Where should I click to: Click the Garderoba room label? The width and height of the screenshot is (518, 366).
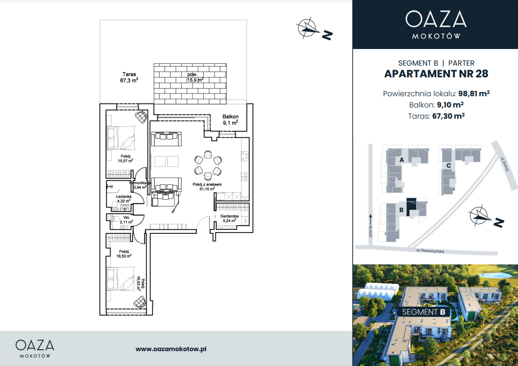point(229,219)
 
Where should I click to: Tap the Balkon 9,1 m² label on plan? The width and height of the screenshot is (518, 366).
point(230,120)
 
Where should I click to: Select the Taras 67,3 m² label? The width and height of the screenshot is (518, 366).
point(129,77)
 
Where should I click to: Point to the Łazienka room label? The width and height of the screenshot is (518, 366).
point(124,199)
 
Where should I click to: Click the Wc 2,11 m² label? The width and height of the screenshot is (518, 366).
point(126,220)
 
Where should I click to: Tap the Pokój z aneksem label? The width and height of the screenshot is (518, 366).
point(207,187)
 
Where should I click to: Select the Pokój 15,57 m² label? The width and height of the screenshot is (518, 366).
point(125,159)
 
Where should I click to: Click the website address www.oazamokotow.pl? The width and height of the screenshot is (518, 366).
point(171,349)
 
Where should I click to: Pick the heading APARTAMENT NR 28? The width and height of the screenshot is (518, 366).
point(436,74)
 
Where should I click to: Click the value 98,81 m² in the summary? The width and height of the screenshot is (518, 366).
point(474,94)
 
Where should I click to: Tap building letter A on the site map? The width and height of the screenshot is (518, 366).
point(402,160)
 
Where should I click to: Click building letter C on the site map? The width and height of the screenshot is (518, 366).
point(449,165)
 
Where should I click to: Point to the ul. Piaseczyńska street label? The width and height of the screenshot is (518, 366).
point(430,251)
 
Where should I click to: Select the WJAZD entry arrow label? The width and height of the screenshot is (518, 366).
point(371,226)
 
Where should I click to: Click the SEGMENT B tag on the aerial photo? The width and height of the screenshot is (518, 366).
point(424,312)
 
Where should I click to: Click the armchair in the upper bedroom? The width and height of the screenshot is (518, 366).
point(141,117)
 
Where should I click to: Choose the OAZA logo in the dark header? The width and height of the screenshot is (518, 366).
point(436,24)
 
